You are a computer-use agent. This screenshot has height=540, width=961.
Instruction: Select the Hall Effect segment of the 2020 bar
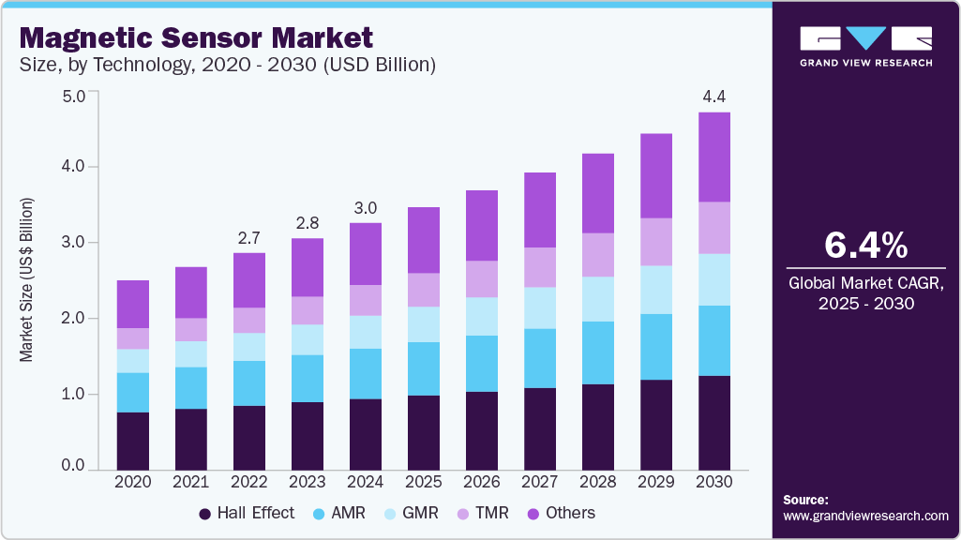pos(133,441)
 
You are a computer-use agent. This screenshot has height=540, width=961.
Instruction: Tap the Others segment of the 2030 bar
pos(714,157)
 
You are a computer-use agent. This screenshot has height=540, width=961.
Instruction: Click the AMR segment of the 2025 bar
pos(424,368)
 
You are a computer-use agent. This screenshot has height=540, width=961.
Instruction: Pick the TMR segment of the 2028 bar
pos(598,254)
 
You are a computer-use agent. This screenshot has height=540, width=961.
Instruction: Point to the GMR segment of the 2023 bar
pos(308,339)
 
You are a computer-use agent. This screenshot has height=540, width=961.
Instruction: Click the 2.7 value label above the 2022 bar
pos(249,238)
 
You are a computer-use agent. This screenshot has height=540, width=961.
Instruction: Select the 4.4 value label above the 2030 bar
pos(714,97)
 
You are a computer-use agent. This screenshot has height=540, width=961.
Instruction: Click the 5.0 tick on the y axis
pos(74,96)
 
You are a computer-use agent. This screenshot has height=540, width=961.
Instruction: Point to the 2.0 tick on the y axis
pos(74,319)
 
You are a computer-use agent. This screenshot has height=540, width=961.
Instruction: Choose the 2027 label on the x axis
pos(540,481)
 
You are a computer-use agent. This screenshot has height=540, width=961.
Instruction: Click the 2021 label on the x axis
pos(191,481)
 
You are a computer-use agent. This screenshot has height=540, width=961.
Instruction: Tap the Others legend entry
pos(569,513)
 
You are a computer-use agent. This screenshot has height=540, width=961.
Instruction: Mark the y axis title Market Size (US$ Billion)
pos(27,280)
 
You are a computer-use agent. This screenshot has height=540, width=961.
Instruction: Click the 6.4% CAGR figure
pos(865,246)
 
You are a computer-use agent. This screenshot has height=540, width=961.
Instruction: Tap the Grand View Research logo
pos(865,46)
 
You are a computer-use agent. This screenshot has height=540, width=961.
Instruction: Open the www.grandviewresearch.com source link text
pos(865,517)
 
